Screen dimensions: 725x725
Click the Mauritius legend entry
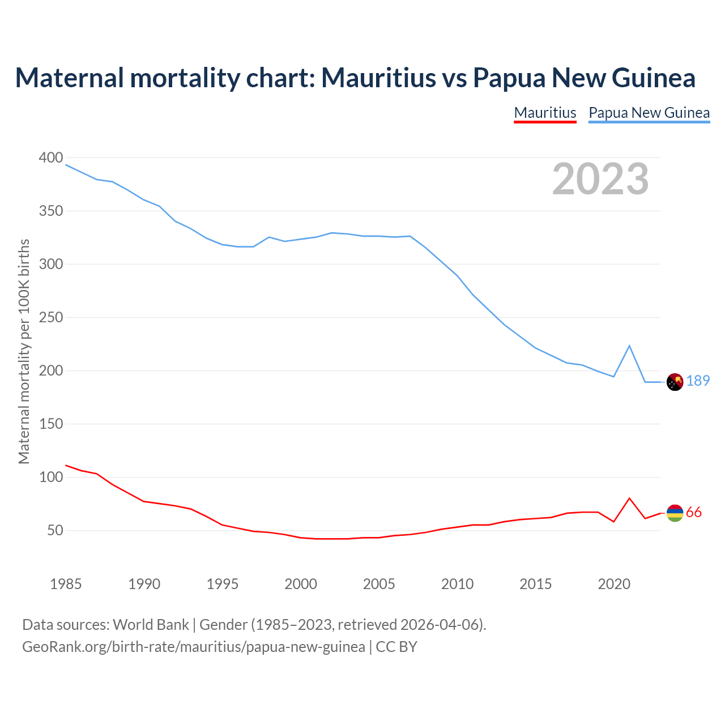tap(545, 113)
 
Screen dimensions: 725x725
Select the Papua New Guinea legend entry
tap(649, 113)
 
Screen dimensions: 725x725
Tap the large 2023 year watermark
tap(600, 179)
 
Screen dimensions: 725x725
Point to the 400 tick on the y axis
tap(51, 158)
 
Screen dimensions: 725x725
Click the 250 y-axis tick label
tap(51, 318)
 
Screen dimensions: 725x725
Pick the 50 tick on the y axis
tap(55, 531)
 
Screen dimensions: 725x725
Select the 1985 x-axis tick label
tap(66, 584)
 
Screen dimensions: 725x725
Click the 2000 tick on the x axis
tap(301, 584)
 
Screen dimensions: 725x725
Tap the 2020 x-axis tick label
tap(614, 584)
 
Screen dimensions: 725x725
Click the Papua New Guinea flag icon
tap(675, 382)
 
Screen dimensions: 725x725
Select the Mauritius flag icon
tap(675, 513)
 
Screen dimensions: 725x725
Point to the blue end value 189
tap(698, 381)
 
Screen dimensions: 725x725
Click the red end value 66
tap(694, 513)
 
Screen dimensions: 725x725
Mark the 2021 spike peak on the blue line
tap(629, 346)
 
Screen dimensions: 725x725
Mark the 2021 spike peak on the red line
tap(629, 498)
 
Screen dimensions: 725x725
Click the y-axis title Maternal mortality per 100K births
tap(24, 351)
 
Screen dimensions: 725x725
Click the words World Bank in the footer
tap(151, 625)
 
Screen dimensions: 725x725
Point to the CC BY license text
tap(396, 647)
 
